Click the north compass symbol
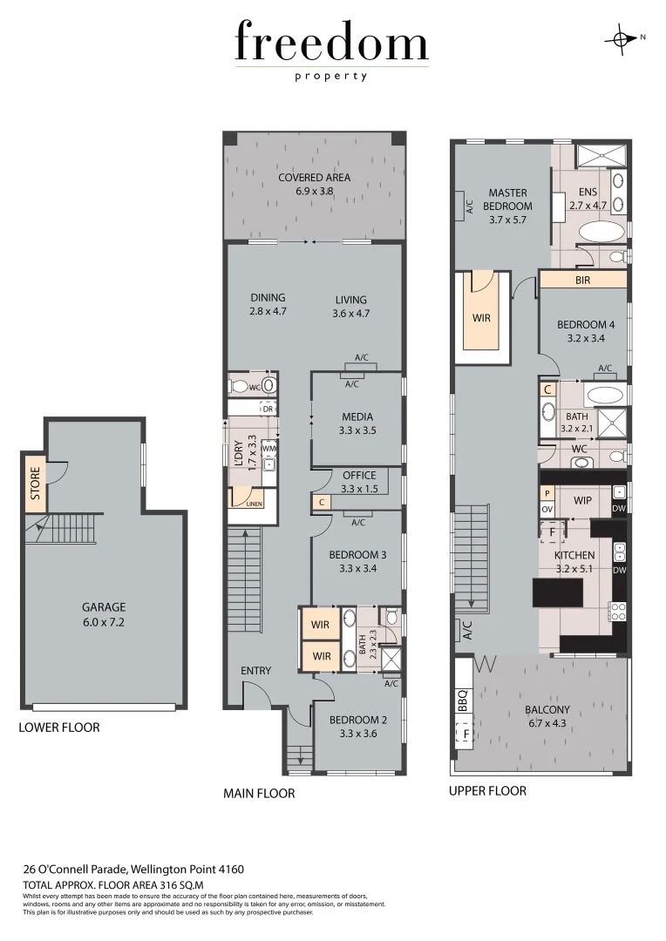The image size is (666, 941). tap(622, 38)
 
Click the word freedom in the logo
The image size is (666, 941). tap(331, 44)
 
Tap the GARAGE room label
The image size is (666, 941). tap(104, 607)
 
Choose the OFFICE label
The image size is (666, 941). tap(359, 476)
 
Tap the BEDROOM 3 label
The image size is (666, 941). tap(357, 555)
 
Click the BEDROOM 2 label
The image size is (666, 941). tap(357, 720)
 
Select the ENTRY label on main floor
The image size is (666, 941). tap(256, 671)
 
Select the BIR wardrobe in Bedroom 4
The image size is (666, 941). tap(583, 281)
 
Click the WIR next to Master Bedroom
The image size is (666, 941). tap(481, 319)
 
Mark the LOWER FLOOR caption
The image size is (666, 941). tap(59, 728)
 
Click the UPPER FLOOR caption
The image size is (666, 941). tap(487, 791)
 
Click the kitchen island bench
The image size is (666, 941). tap(557, 593)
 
